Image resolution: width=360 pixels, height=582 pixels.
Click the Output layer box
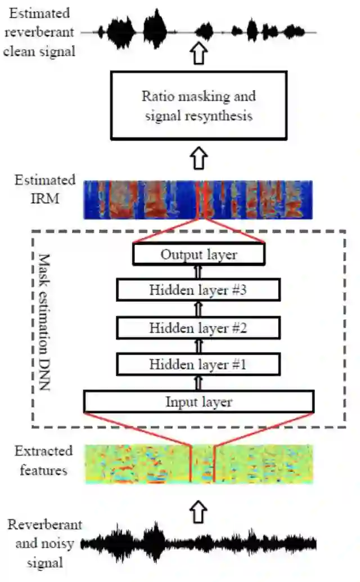tap(199, 254)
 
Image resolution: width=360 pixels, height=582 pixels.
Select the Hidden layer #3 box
tap(198, 290)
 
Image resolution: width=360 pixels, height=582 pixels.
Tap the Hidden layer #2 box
tap(198, 327)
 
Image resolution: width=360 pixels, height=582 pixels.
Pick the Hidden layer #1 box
tap(198, 364)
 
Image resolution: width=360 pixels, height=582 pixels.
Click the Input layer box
tap(199, 402)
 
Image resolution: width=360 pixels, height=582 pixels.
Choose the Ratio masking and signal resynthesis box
tap(199, 105)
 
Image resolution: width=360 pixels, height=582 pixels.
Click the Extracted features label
tap(44, 460)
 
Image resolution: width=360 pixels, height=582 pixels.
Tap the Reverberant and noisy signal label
tap(44, 544)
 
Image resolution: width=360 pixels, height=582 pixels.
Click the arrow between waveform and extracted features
tap(199, 511)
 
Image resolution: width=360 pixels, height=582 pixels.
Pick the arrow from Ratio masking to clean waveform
tap(199, 55)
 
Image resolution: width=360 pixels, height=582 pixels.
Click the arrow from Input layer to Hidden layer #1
tap(198, 383)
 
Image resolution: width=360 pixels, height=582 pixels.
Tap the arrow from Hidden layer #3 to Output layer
tap(198, 272)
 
